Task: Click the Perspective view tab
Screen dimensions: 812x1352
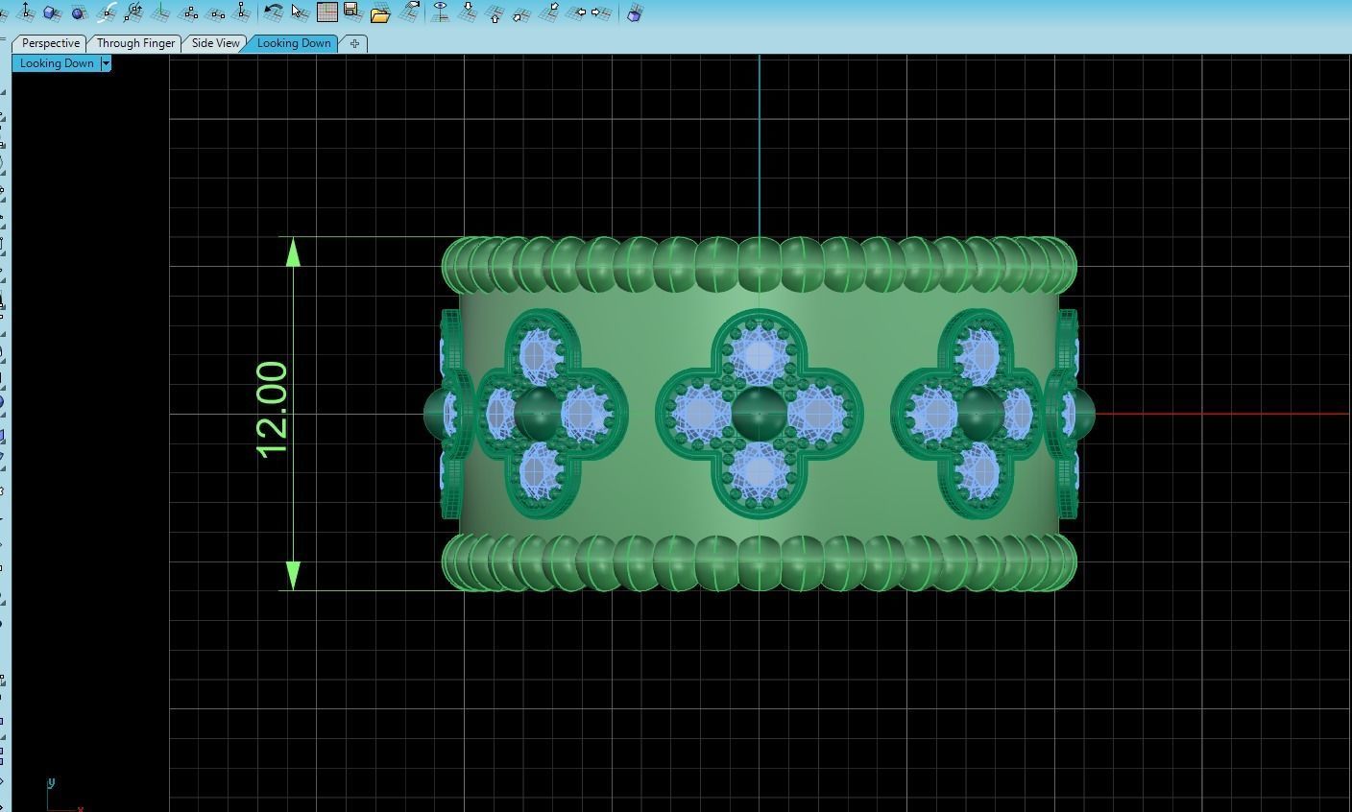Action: pyautogui.click(x=50, y=43)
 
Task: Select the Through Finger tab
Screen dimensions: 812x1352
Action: pyautogui.click(x=135, y=43)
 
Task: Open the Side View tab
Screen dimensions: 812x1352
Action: pyautogui.click(x=215, y=43)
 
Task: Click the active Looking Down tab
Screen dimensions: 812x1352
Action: pyautogui.click(x=293, y=43)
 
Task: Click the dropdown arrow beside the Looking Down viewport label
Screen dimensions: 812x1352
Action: pyautogui.click(x=106, y=63)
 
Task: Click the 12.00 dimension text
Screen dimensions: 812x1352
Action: pyautogui.click(x=272, y=410)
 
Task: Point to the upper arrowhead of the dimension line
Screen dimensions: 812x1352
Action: pyautogui.click(x=293, y=252)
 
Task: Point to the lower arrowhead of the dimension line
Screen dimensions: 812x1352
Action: pyautogui.click(x=293, y=575)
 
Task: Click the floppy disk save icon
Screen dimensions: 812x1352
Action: pyautogui.click(x=351, y=12)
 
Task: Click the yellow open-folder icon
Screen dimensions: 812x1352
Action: pyautogui.click(x=379, y=13)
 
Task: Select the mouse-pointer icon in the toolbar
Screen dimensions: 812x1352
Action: pyautogui.click(x=300, y=12)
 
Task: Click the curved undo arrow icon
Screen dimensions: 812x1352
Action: pyautogui.click(x=274, y=12)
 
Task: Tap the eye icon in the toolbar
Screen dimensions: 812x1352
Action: pyautogui.click(x=441, y=12)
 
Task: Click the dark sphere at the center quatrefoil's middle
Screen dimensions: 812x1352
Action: pyautogui.click(x=759, y=414)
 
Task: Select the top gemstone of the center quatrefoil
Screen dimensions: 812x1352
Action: pyautogui.click(x=759, y=356)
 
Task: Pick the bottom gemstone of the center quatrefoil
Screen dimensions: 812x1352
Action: pyautogui.click(x=759, y=471)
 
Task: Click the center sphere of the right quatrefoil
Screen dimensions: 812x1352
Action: pyautogui.click(x=979, y=414)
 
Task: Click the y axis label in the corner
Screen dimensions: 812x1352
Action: pyautogui.click(x=51, y=783)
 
